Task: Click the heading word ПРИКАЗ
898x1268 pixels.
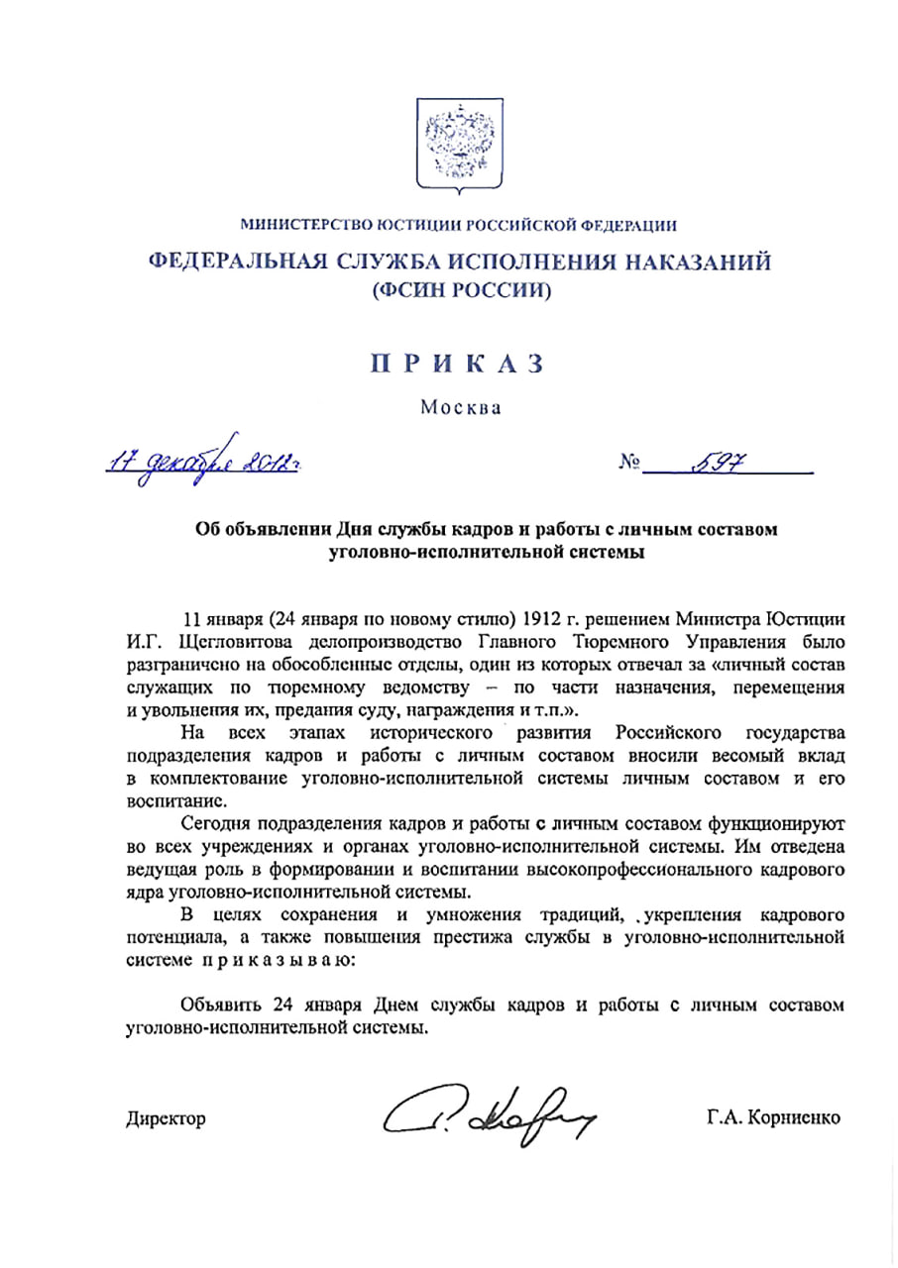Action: pyautogui.click(x=458, y=364)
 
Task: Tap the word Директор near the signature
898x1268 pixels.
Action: pyautogui.click(x=167, y=1119)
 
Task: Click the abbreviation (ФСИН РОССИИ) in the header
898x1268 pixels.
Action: pyautogui.click(x=459, y=291)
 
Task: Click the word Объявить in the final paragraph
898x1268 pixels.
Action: pyautogui.click(x=225, y=1005)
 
